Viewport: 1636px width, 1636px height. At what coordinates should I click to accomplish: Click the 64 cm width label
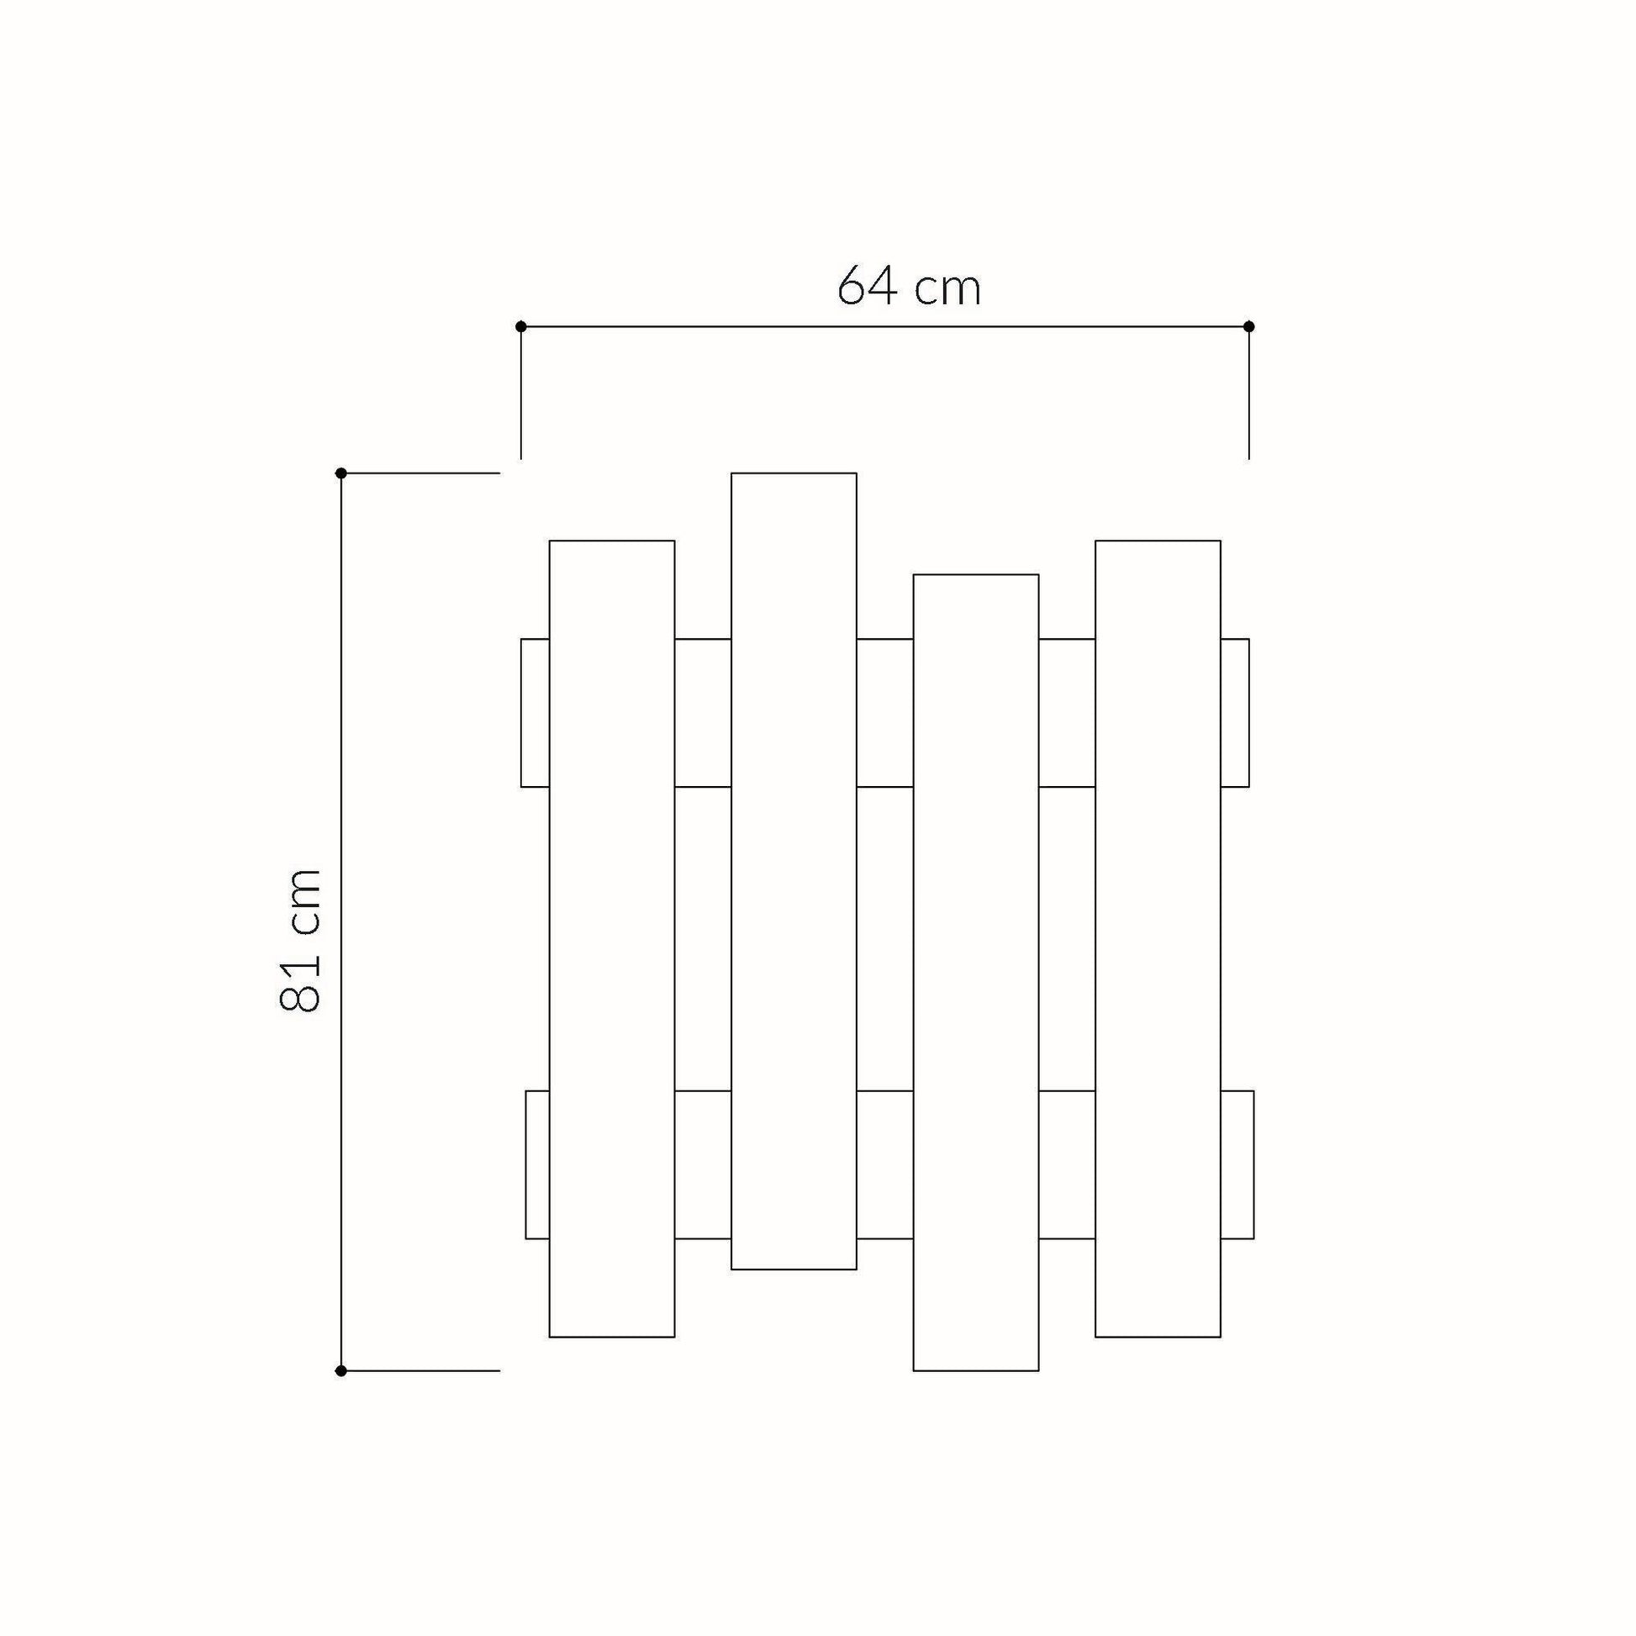[909, 288]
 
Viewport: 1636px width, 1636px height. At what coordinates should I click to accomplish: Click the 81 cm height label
[301, 940]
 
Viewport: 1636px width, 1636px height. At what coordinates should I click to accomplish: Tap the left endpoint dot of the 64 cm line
[520, 326]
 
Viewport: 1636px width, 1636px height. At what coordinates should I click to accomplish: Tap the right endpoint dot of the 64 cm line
[1248, 326]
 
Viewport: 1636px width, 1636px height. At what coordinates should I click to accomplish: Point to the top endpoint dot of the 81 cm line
[341, 472]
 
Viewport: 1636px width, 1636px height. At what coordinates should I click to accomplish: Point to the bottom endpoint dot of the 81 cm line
[341, 1371]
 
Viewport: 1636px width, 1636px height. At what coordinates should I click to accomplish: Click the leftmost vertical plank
[611, 940]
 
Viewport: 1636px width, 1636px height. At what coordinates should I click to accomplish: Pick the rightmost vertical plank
[1158, 940]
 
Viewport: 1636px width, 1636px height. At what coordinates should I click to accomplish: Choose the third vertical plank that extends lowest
[975, 974]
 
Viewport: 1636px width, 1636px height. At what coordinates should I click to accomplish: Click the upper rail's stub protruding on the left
[536, 712]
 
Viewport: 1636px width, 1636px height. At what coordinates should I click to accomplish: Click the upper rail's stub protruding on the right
[1235, 712]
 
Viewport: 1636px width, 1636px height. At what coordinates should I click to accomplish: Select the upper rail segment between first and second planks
[703, 712]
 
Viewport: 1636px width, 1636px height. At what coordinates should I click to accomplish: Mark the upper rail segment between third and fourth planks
[1067, 712]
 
